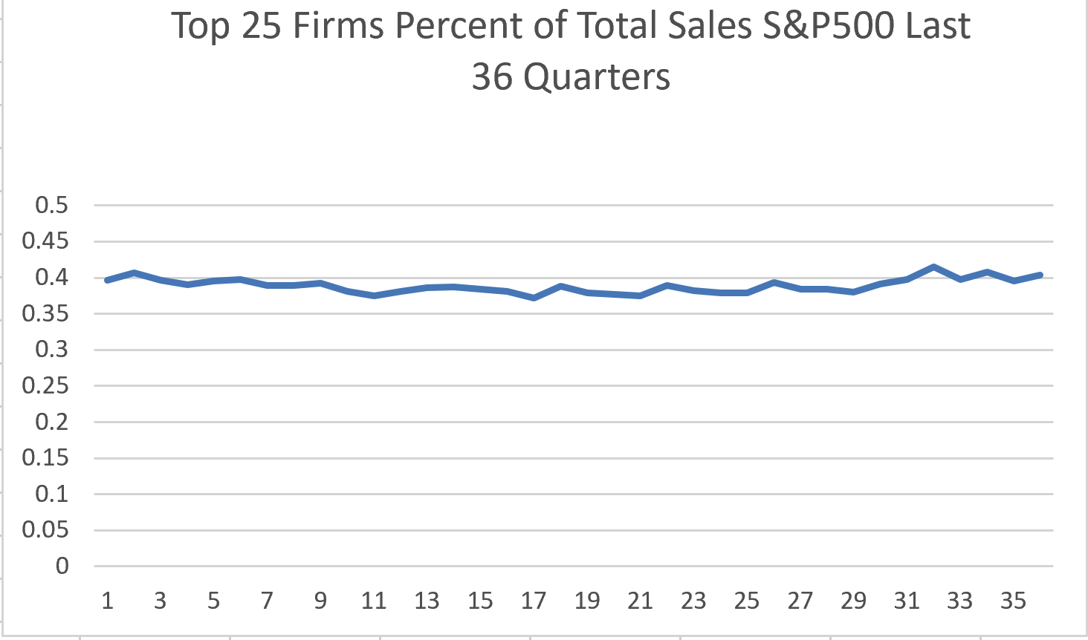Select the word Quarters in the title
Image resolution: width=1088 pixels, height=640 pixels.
597,77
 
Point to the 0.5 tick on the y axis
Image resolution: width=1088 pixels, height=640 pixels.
51,205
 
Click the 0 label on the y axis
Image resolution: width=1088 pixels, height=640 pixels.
62,566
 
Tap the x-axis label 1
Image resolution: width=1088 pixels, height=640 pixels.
107,600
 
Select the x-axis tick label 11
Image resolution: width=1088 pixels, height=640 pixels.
374,600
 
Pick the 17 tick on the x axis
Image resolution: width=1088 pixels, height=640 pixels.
534,600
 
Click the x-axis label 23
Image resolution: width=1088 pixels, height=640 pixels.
693,600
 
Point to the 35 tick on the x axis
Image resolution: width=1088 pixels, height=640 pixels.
1013,600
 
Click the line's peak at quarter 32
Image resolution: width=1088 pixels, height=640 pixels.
933,267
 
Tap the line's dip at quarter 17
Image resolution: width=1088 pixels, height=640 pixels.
534,298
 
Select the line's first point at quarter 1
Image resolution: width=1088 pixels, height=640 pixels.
107,280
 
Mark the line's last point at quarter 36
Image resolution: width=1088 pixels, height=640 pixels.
1040,275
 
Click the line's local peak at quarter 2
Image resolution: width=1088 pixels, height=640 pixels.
134,272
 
